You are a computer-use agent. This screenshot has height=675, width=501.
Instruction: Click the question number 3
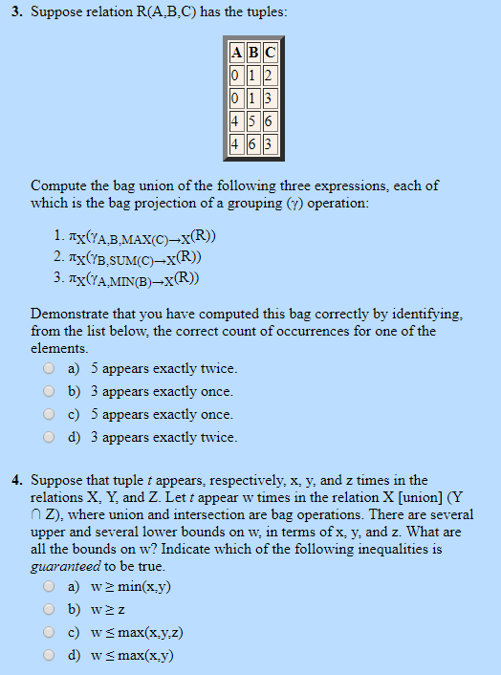(17, 12)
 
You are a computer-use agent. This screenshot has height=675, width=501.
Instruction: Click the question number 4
(17, 480)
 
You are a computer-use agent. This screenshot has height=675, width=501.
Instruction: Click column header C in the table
(270, 54)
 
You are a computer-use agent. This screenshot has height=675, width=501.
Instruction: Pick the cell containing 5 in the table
(253, 122)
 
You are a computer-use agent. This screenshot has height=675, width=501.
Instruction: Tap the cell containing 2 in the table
(270, 76)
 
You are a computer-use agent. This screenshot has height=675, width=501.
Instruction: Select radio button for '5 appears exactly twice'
(48, 368)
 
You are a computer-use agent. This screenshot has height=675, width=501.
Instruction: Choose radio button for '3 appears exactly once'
(48, 391)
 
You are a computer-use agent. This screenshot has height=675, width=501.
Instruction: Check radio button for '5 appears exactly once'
(48, 414)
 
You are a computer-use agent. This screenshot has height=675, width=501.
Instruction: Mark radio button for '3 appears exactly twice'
(48, 437)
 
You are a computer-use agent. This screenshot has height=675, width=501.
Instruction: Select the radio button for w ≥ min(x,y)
(48, 586)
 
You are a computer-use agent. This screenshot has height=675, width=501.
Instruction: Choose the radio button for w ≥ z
(48, 609)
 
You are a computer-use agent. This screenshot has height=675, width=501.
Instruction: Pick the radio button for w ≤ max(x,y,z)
(48, 632)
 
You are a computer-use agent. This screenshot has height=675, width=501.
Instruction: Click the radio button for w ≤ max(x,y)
(48, 655)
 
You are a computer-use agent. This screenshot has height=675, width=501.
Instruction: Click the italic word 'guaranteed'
(60, 566)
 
